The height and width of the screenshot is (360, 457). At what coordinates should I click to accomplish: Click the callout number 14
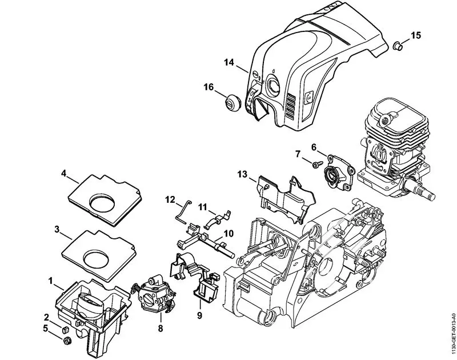pos(228,62)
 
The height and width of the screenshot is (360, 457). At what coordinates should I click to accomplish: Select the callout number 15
pos(415,35)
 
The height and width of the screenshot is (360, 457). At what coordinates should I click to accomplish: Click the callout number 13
pos(242,174)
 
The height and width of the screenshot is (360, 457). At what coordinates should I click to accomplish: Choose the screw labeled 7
pos(316,165)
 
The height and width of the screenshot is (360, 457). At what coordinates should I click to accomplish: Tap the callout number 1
pos(51,281)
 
